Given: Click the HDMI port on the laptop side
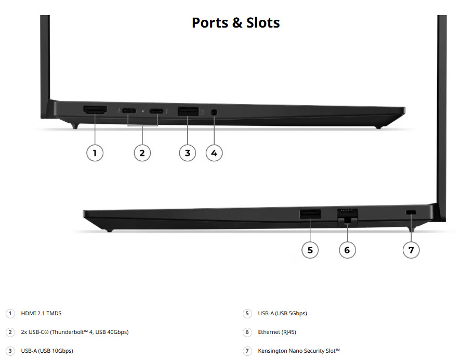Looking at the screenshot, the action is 95,110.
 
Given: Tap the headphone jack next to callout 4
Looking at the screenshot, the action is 214,112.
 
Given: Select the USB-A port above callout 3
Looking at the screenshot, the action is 188,111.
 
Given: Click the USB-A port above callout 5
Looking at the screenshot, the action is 310,214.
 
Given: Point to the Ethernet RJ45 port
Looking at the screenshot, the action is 348,216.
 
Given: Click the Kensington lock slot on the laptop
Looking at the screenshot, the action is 411,212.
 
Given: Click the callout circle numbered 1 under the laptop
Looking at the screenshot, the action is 95,153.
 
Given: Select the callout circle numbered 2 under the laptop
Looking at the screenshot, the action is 142,153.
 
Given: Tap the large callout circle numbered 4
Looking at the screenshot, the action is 214,153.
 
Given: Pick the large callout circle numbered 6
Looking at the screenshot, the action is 347,250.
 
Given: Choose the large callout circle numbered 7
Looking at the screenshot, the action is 411,250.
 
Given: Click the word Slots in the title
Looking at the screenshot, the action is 263,23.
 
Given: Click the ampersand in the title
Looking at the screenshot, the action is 237,23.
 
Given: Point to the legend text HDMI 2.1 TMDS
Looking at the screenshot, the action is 41,313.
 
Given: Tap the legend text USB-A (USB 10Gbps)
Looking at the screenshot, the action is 47,351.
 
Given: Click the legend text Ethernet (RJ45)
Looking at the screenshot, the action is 277,332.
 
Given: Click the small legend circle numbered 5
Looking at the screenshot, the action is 247,314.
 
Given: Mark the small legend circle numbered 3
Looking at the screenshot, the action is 10,351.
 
